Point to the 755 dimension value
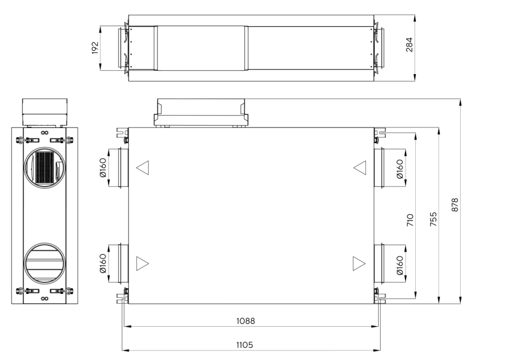(433, 218)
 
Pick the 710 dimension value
(410, 218)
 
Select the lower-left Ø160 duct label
(103, 263)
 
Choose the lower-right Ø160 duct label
(400, 263)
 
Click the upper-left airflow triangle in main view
(142, 168)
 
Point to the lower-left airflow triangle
(142, 263)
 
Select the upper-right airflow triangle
(360, 168)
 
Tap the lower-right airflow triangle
(359, 263)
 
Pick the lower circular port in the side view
(44, 262)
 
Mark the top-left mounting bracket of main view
(122, 133)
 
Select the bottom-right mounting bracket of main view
(381, 297)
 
